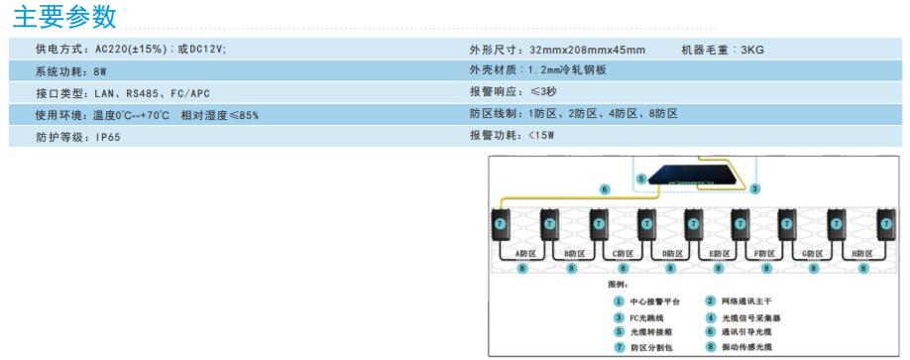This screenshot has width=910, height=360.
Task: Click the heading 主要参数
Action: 63,17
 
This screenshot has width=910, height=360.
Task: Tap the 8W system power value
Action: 99,71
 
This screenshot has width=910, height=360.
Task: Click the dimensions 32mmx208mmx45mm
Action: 588,50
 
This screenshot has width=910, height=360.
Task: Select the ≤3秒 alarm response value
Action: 548,92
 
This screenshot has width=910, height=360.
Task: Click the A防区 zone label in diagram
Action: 525,254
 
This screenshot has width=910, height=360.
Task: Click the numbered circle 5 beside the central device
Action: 641,180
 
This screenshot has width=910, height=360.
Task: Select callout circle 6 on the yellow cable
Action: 605,188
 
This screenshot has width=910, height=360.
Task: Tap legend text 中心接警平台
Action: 654,300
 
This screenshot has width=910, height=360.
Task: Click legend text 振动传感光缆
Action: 746,346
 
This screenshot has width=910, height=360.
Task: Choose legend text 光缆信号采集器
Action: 750,316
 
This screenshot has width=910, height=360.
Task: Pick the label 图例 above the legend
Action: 620,283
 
